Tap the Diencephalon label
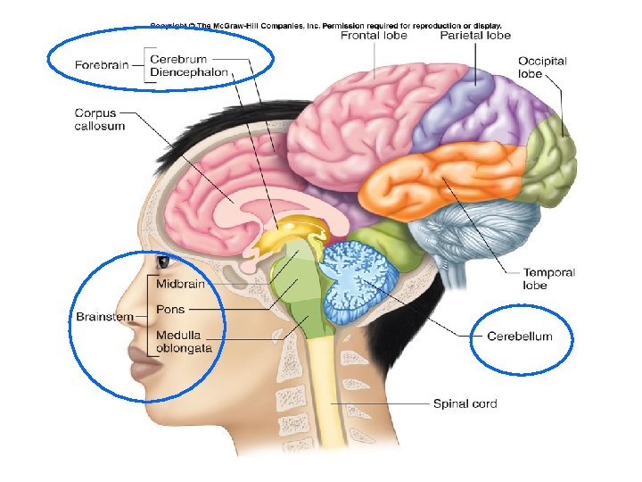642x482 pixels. click(189, 71)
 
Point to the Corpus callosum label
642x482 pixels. click(99, 120)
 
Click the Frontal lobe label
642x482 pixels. click(374, 36)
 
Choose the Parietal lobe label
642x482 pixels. click(475, 36)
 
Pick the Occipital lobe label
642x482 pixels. click(542, 68)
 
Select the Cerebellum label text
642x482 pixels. click(520, 337)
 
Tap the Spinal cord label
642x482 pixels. click(465, 403)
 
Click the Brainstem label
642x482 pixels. click(104, 317)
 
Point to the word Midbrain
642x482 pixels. click(181, 284)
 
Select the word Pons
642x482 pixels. click(170, 310)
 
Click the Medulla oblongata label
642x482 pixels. click(184, 342)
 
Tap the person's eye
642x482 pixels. click(164, 262)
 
